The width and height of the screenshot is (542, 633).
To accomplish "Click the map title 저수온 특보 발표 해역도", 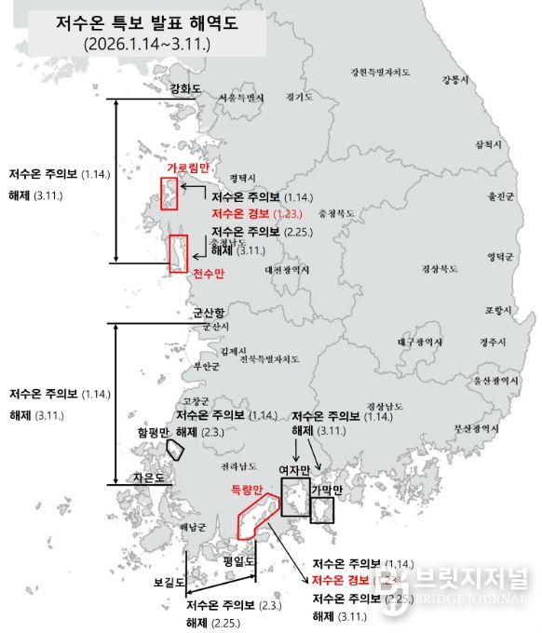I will (146, 23).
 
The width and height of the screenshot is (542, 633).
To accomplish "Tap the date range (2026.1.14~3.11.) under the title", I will (146, 44).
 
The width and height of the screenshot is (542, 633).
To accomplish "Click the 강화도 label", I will (185, 89).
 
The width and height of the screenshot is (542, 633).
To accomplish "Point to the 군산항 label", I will (210, 313).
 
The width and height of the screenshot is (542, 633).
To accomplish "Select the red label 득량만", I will (249, 489).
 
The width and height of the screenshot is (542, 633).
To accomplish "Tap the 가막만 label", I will (327, 490).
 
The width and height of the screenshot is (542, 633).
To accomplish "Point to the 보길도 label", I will (170, 583).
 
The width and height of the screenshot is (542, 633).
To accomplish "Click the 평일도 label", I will (239, 560).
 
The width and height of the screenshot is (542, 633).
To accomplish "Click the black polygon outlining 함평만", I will (175, 448).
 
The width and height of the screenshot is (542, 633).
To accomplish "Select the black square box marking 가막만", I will (322, 510).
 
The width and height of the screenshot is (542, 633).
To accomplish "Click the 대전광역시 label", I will (287, 270).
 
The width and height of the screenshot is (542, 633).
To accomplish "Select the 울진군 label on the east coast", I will (500, 196).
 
